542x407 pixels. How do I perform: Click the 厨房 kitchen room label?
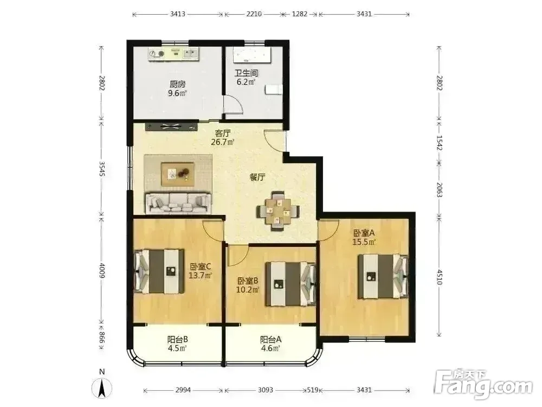coord(178,84)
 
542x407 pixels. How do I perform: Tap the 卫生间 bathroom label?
coord(246,73)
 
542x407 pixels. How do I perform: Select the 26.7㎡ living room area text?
coord(223,142)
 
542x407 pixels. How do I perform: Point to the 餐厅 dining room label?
coord(257,177)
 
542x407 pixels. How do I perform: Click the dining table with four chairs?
coord(278,211)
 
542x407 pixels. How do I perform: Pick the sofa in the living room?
coord(178,203)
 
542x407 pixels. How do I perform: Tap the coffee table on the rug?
coord(178,173)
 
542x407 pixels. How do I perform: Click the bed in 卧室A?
coord(383,276)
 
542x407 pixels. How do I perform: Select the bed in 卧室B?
coord(291,284)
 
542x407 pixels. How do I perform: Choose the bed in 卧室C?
coord(159,271)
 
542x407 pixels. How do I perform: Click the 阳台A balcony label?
coord(270,340)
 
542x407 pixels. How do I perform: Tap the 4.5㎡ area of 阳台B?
coord(178,348)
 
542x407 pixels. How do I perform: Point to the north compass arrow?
coord(102,387)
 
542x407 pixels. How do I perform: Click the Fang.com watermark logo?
coord(483,384)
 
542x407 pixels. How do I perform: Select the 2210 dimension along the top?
coord(254,14)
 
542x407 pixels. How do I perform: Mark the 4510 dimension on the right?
coord(439,277)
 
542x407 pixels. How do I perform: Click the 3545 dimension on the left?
coord(102,169)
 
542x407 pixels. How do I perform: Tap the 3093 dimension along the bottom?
coord(266,390)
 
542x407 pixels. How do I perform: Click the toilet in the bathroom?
coord(274,90)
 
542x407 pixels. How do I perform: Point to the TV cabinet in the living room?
coord(172,126)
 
